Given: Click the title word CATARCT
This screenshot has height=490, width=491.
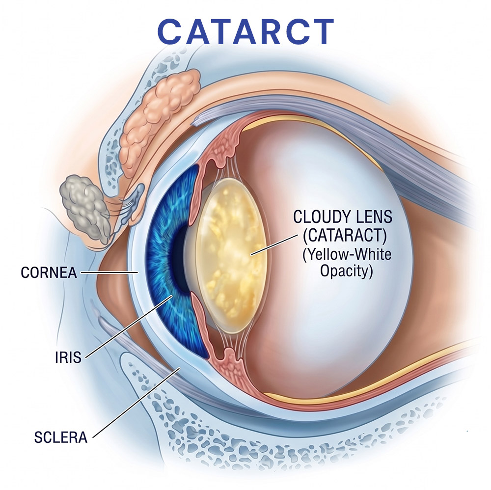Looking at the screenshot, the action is point(246,31).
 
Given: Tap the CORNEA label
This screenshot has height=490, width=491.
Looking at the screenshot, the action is point(49,272).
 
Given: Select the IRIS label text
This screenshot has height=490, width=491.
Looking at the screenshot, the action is point(68,357).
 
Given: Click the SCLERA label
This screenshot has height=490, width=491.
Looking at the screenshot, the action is point(61,437).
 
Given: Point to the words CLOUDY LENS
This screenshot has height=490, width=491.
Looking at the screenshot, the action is point(343,217).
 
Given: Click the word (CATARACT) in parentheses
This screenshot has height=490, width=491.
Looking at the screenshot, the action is point(345,235).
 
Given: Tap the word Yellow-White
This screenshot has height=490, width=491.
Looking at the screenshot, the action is point(347,254).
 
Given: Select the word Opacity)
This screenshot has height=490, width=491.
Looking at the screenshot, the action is point(346,271).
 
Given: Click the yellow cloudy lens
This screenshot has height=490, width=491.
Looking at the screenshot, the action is point(231,255).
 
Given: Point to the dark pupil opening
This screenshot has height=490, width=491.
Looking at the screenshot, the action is point(180,259).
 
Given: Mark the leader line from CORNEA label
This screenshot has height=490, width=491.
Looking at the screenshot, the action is point(109,272).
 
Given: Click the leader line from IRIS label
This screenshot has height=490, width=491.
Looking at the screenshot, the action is point(129,326).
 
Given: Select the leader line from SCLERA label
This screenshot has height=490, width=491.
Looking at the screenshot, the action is point(136,402).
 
